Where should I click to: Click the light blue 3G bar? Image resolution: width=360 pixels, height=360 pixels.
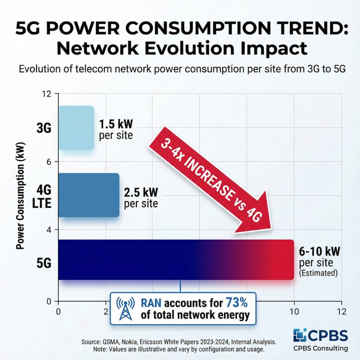pyautogui.click(x=76, y=128)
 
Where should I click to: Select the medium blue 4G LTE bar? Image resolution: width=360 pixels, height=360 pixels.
pyautogui.click(x=89, y=195)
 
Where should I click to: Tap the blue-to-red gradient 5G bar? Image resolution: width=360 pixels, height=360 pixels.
pyautogui.click(x=176, y=260)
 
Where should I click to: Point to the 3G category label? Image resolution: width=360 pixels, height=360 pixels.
pyautogui.click(x=44, y=128)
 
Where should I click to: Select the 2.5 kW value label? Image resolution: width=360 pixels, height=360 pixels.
pyautogui.click(x=141, y=193)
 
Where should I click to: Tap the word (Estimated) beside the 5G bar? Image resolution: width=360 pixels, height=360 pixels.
pyautogui.click(x=318, y=273)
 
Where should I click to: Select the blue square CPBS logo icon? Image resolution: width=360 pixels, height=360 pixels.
pyautogui.click(x=300, y=336)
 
